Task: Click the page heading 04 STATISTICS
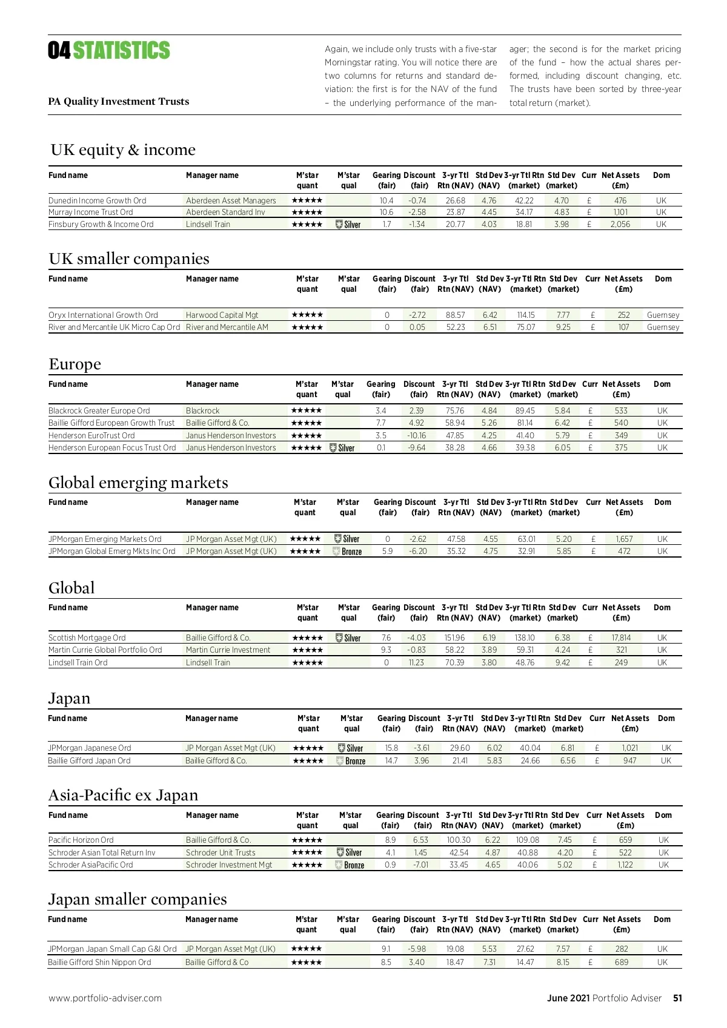[109, 51]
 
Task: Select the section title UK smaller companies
[129, 259]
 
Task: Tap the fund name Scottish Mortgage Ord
[87, 638]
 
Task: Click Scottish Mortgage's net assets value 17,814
[621, 638]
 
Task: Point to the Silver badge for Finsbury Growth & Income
[348, 225]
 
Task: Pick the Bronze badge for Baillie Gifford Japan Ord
[351, 761]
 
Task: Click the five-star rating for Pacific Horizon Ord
[307, 840]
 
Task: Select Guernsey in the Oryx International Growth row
[663, 315]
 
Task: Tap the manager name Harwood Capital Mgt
[222, 315]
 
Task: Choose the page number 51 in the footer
[677, 998]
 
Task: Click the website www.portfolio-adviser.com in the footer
[105, 998]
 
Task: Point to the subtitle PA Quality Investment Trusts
[119, 102]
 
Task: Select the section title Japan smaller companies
[138, 900]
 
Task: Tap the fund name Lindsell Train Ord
[78, 663]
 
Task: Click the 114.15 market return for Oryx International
[526, 315]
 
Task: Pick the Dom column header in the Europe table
[662, 384]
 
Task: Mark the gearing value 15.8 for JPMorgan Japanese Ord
[391, 748]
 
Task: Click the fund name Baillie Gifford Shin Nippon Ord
[100, 963]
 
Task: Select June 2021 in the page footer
[568, 998]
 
